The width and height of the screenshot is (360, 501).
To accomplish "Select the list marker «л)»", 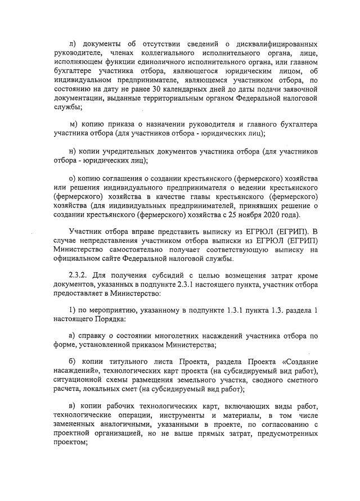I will point(72,44).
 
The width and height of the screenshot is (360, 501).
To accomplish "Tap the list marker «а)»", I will point(72,337).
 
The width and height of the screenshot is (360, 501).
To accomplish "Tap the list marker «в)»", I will point(72,408).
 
